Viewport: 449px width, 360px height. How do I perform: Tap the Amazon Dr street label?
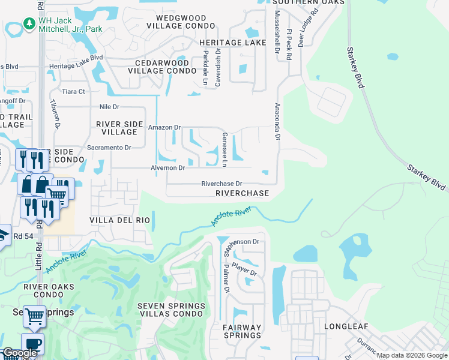[x=164, y=127]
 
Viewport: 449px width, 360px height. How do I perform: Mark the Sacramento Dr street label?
[x=109, y=147]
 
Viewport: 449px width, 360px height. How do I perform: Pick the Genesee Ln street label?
[x=224, y=150]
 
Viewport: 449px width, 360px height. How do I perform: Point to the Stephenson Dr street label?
[x=241, y=242]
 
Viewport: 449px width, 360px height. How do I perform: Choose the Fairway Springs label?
[x=243, y=332]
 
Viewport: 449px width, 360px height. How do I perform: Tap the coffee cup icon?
[x=32, y=343]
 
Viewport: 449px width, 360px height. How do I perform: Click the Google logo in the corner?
[x=20, y=353]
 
